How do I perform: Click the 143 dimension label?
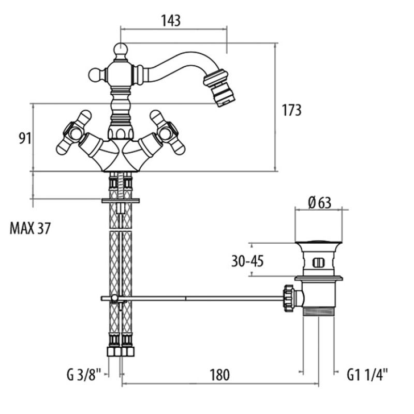point(171,20)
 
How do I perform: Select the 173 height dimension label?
point(291,110)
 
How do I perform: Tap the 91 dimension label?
point(25,138)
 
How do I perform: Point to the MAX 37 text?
point(30,228)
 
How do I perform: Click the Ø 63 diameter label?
point(319,203)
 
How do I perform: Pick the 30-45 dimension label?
point(247,261)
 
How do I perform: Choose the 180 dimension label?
point(219,375)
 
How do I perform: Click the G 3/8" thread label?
point(84,375)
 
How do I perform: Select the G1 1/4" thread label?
point(367,375)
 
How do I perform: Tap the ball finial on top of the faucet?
point(121,49)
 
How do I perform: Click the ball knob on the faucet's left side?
point(95,75)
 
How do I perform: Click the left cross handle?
point(74,132)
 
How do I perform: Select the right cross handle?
point(167,132)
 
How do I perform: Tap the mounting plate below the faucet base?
point(121,201)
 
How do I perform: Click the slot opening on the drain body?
point(318,263)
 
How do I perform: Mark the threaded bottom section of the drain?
point(319,312)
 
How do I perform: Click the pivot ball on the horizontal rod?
point(114,298)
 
